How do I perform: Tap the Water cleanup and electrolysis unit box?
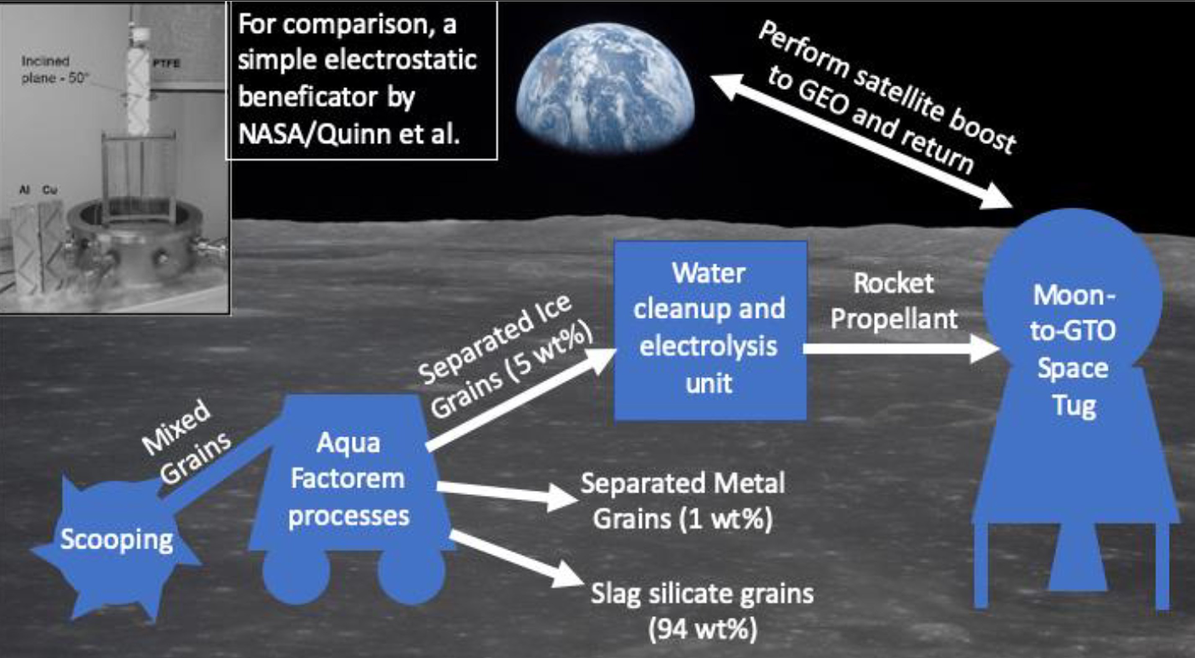click(x=710, y=330)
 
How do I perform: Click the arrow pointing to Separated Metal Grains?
click(x=505, y=494)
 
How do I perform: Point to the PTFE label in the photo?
click(x=166, y=63)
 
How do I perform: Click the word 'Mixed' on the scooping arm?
click(x=176, y=427)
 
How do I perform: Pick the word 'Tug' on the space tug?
click(x=1074, y=406)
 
